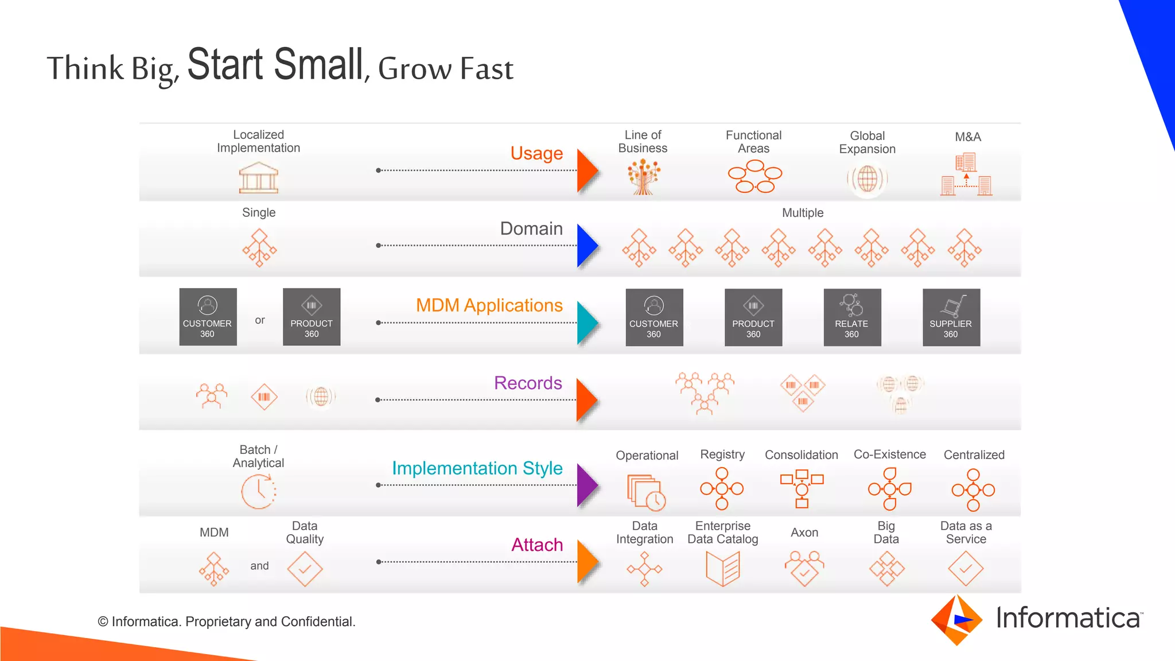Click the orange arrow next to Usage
[586, 170]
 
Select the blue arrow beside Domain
[586, 246]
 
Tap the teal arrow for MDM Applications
[586, 323]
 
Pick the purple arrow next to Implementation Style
[586, 485]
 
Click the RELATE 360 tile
[852, 317]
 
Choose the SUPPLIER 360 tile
[951, 317]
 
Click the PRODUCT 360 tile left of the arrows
[312, 317]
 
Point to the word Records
[528, 383]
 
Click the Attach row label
[537, 545]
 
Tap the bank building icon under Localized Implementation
[259, 177]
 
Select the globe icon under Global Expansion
[867, 179]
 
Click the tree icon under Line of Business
[643, 177]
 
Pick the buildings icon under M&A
[967, 174]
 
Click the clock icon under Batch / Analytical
[259, 491]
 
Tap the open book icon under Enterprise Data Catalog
[723, 569]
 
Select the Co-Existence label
[889, 454]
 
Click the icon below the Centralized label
[973, 490]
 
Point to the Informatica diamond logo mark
[956, 620]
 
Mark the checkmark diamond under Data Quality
[305, 569]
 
